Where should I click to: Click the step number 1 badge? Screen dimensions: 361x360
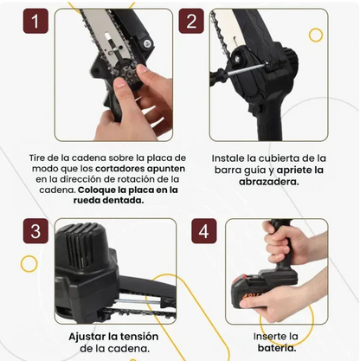[x=35, y=23]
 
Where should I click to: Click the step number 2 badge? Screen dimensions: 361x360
[x=192, y=23]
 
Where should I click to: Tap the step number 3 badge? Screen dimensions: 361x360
[x=35, y=232]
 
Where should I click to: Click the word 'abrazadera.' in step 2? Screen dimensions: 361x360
[x=268, y=183]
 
